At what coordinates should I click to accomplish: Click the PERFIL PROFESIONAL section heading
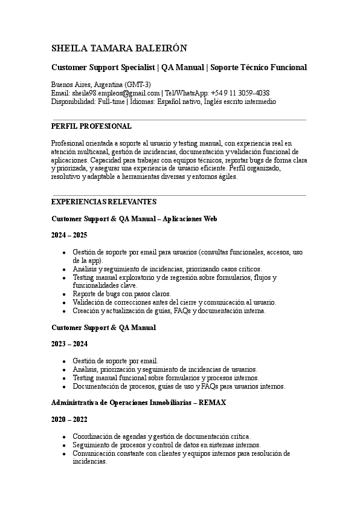click(91, 126)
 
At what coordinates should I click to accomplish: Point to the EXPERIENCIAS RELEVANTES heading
click(104, 201)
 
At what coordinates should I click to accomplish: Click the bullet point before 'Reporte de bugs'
click(64, 294)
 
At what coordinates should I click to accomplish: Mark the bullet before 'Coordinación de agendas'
click(64, 436)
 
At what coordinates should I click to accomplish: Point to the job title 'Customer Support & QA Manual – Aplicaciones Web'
click(134, 218)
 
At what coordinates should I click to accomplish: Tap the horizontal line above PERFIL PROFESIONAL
click(179, 120)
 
